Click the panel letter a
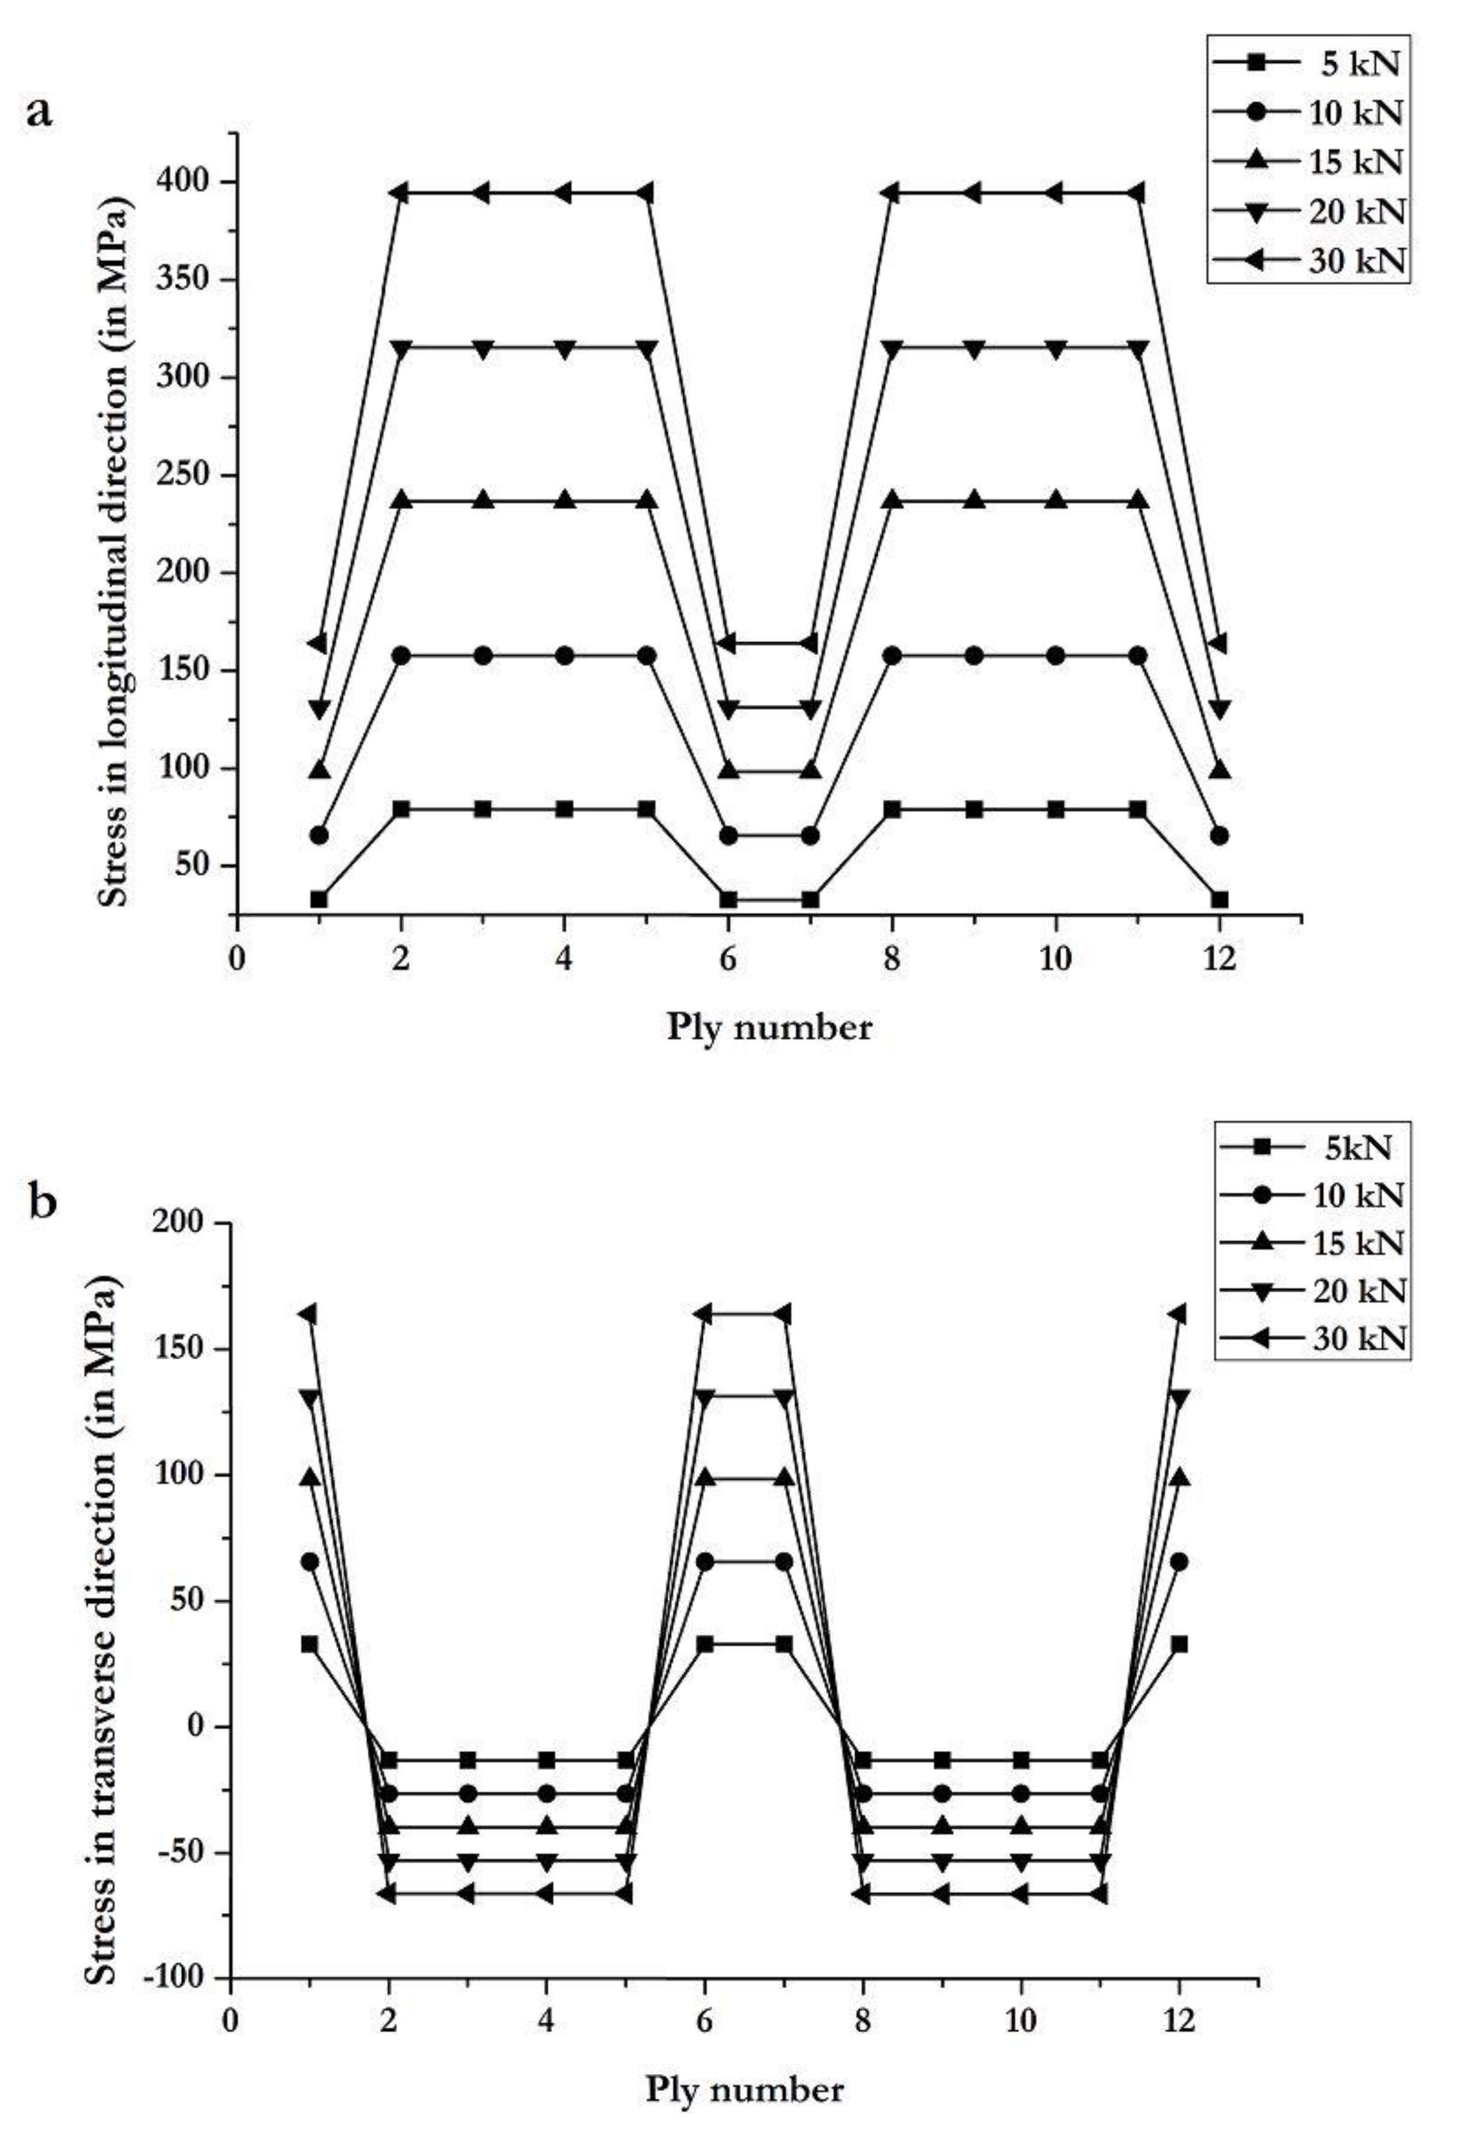(x=41, y=114)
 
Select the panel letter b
(x=43, y=1202)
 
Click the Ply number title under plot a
(x=769, y=1027)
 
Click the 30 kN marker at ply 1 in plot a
(x=317, y=643)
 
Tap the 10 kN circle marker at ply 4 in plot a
(x=565, y=655)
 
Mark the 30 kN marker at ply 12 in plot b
(x=1178, y=1314)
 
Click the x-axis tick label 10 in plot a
(x=1055, y=959)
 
